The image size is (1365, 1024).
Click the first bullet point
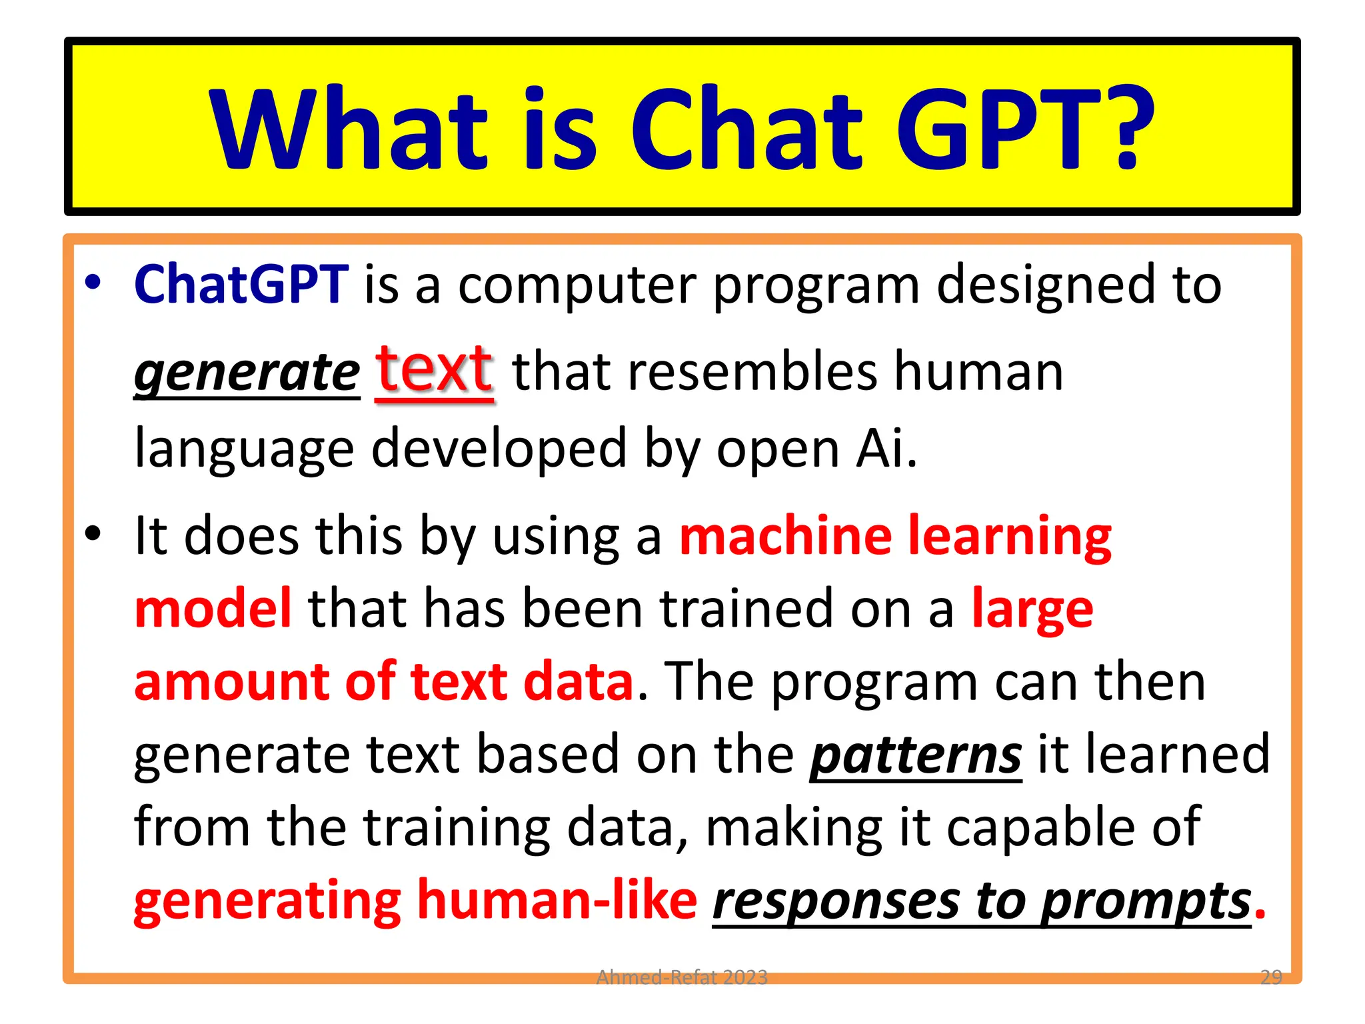[x=93, y=283]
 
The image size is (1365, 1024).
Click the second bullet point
[x=93, y=533]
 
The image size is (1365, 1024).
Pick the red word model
[x=213, y=608]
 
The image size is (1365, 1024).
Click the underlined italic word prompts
[x=1146, y=901]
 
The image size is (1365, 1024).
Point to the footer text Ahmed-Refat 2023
[x=681, y=977]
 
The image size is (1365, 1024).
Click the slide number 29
[x=1271, y=977]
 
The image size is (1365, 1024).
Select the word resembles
[x=752, y=372]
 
